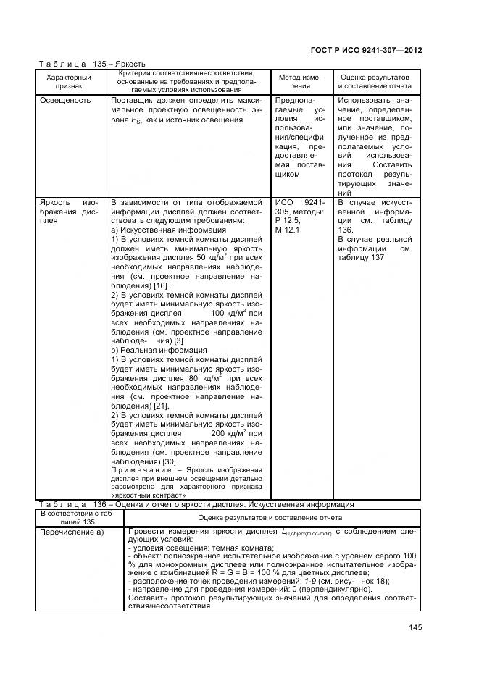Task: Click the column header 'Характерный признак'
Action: pos(69,80)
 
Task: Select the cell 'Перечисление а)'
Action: pos(71,533)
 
